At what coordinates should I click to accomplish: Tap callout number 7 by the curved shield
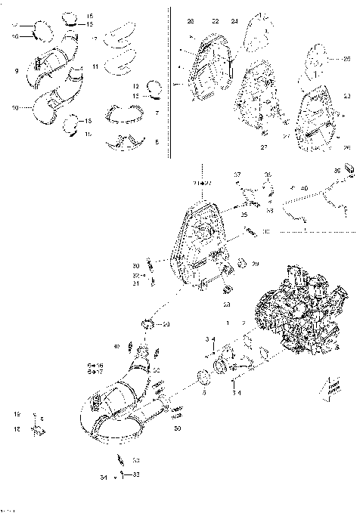click(x=156, y=113)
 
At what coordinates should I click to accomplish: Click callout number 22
click(x=216, y=21)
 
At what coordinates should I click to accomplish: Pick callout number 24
click(x=234, y=21)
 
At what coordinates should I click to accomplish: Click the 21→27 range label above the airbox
click(x=201, y=184)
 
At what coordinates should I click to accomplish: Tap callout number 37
click(x=237, y=175)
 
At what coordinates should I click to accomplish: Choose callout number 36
click(x=267, y=175)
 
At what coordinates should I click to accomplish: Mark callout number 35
click(x=244, y=215)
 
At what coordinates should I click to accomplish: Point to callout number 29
click(x=255, y=264)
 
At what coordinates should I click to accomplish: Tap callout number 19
click(x=15, y=414)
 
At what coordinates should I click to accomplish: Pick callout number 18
click(x=15, y=428)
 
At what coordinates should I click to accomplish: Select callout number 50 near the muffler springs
click(x=177, y=428)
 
